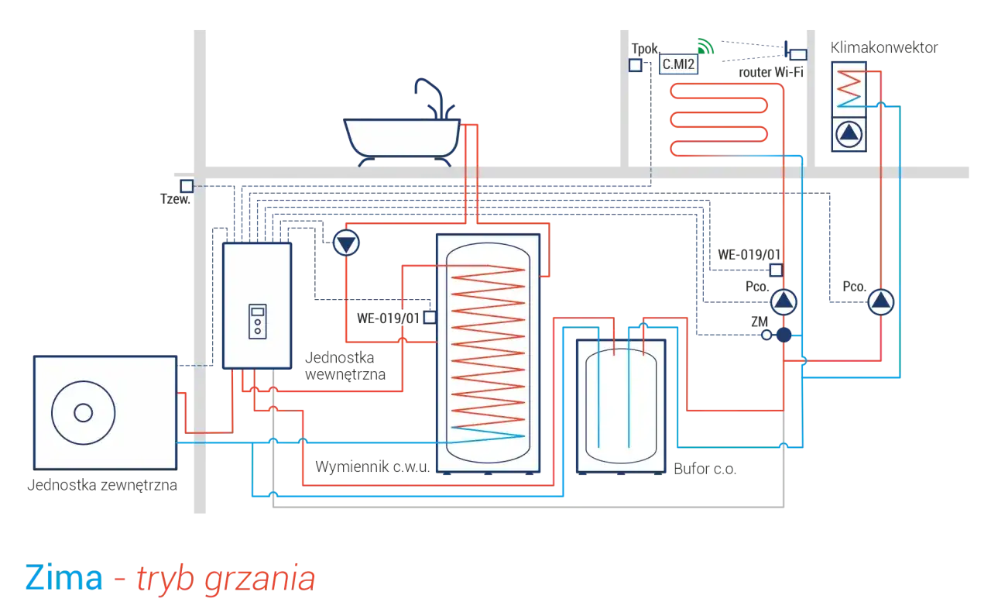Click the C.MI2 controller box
pyautogui.click(x=678, y=64)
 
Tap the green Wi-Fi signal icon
pyautogui.click(x=705, y=46)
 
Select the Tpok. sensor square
pyautogui.click(x=636, y=65)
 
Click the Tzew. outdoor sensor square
pyautogui.click(x=187, y=186)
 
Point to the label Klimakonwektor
pyautogui.click(x=884, y=47)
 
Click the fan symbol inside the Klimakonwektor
pyautogui.click(x=849, y=134)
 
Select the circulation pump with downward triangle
pyautogui.click(x=346, y=243)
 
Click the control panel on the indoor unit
pyautogui.click(x=258, y=322)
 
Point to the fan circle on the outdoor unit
pyautogui.click(x=83, y=413)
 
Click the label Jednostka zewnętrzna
pyautogui.click(x=102, y=485)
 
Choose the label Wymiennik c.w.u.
pyautogui.click(x=372, y=466)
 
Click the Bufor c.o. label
pyautogui.click(x=705, y=469)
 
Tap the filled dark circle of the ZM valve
pyautogui.click(x=784, y=335)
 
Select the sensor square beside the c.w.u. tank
pyautogui.click(x=430, y=318)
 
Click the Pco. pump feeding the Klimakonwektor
pyautogui.click(x=880, y=302)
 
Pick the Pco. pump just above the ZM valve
pyautogui.click(x=784, y=302)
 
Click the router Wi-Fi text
pyautogui.click(x=770, y=72)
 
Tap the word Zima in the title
pyautogui.click(x=64, y=578)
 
